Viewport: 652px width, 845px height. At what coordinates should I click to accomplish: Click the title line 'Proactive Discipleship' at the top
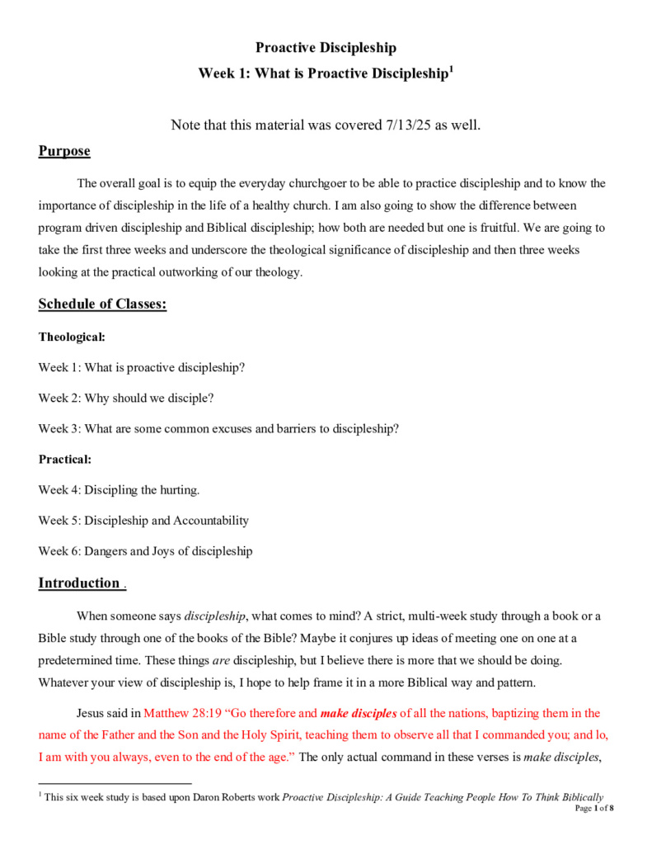(326, 48)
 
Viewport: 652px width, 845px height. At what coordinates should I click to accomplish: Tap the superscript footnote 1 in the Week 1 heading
(451, 70)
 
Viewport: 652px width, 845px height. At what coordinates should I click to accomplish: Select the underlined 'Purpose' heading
(64, 152)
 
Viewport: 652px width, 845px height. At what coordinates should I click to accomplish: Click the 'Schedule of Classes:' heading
(102, 304)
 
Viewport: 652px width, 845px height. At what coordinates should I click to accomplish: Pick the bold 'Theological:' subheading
(72, 337)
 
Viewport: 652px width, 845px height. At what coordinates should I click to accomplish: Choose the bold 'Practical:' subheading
(65, 459)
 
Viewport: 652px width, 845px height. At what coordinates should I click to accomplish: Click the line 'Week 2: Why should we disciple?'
(126, 398)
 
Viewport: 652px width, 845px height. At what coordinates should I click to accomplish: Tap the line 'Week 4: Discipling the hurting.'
(119, 490)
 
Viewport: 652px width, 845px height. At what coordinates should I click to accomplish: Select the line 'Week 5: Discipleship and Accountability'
(143, 521)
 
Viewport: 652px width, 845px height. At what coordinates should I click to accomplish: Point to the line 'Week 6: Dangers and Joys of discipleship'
(145, 551)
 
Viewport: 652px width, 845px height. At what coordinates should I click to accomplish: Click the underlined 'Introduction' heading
(79, 583)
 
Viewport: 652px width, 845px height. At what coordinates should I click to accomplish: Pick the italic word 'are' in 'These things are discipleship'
(221, 661)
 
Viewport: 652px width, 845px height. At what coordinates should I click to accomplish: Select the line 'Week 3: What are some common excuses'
(218, 428)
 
